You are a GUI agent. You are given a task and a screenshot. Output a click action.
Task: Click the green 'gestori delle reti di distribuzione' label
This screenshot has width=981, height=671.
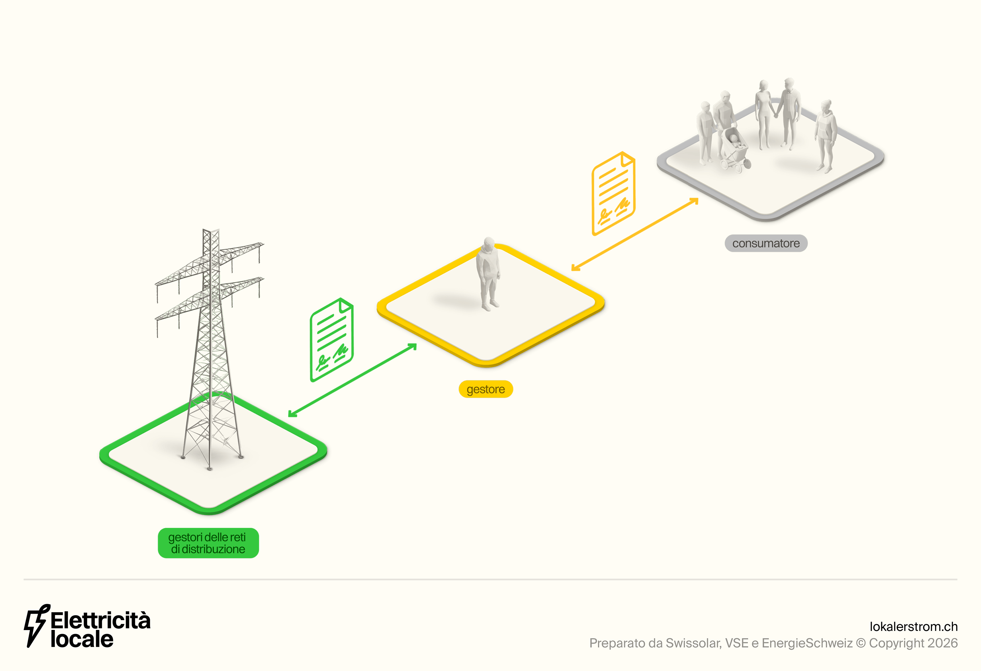(x=208, y=543)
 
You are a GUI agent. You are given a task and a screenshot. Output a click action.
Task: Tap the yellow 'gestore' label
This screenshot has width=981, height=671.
(x=486, y=389)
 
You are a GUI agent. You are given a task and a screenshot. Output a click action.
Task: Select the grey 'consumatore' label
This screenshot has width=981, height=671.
(x=766, y=243)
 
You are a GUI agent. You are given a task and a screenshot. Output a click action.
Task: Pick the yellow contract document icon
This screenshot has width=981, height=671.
(x=613, y=194)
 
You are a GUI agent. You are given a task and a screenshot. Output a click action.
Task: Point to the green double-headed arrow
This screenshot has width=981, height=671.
(x=353, y=380)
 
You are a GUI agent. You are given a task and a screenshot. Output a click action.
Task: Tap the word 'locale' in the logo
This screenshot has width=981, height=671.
(x=82, y=639)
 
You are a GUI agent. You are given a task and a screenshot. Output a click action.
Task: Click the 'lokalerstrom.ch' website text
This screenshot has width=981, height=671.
(x=914, y=627)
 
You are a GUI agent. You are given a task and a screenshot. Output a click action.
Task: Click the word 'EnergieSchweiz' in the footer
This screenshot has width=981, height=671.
(x=807, y=643)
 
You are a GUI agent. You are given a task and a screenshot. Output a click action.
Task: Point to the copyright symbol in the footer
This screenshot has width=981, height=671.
(x=861, y=643)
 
